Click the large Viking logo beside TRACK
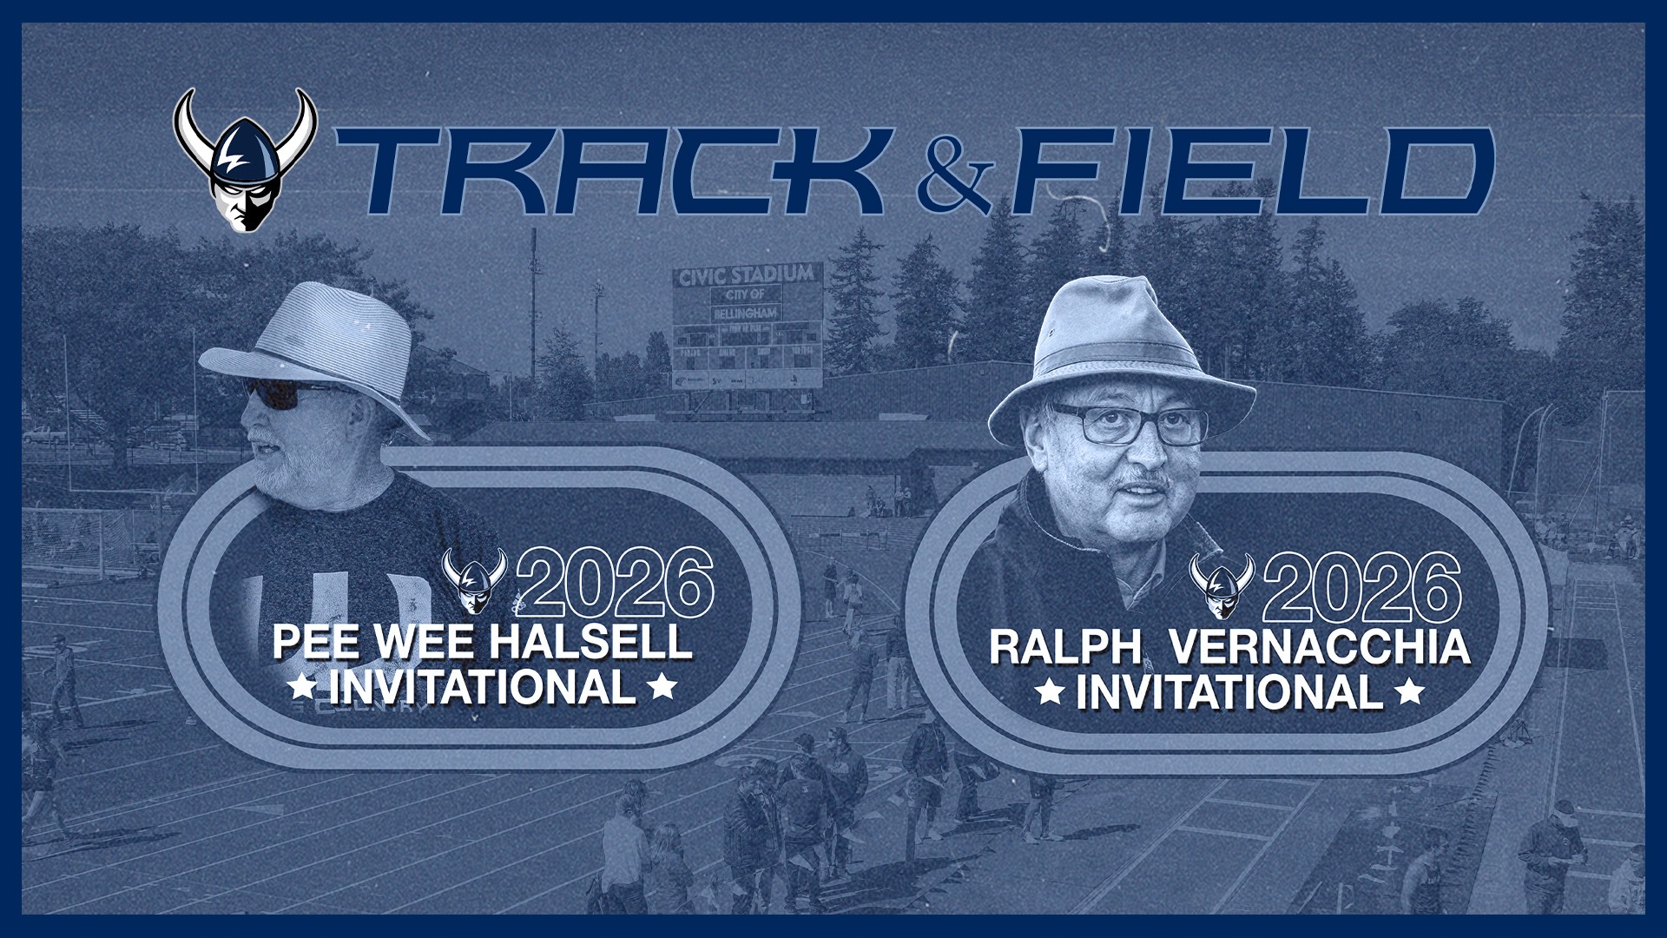[245, 161]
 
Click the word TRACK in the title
[608, 170]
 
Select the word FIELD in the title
[1250, 170]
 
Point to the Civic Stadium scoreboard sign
[748, 327]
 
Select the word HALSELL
[590, 643]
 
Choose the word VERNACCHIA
[1319, 648]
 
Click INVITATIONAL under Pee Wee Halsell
[483, 688]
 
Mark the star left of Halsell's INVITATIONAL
[302, 688]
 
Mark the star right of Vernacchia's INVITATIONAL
[1411, 693]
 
